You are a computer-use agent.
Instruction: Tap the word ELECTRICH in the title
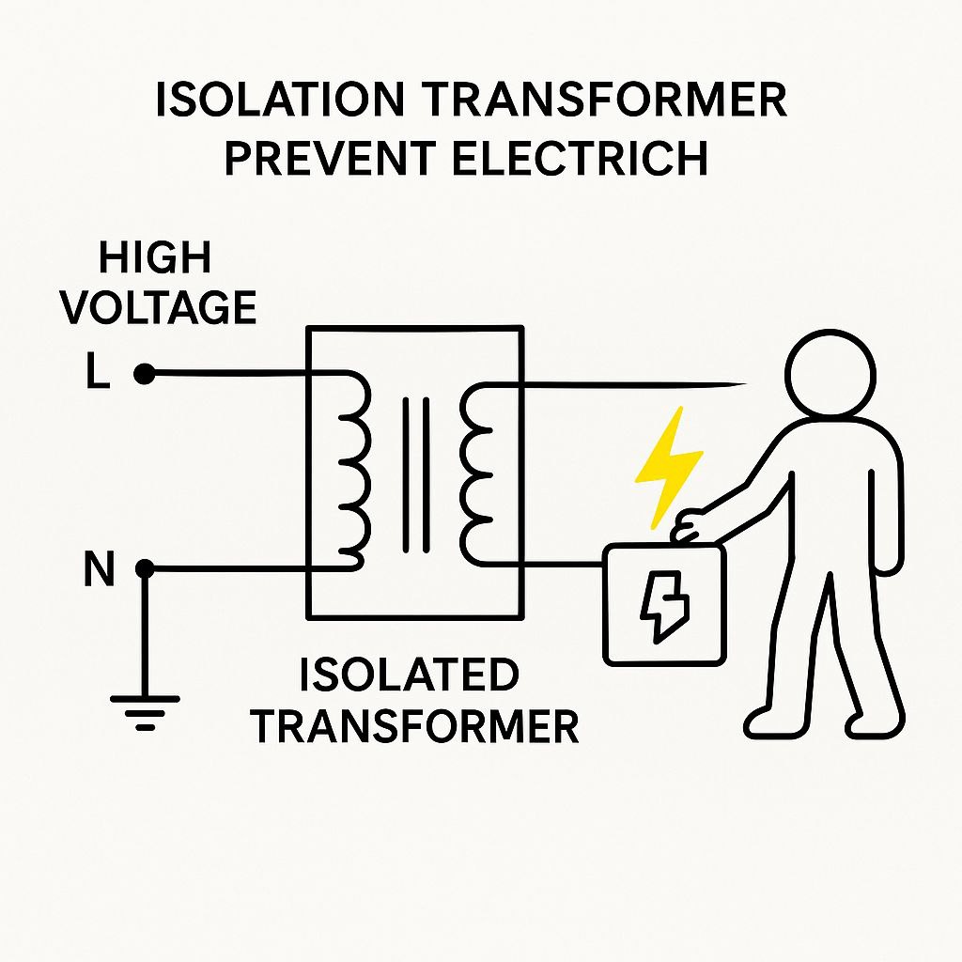[x=581, y=160]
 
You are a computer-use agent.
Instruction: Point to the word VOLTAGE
[x=159, y=307]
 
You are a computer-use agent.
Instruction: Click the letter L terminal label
[x=97, y=375]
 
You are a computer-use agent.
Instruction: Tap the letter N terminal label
[x=99, y=569]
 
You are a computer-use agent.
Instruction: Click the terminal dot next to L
[x=144, y=375]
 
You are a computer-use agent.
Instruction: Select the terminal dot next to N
[x=144, y=569]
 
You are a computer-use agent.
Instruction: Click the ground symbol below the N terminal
[x=145, y=711]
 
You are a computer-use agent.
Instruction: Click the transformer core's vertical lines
[x=415, y=474]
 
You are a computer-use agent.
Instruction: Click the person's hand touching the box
[x=690, y=527]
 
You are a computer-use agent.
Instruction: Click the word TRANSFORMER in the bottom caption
[x=415, y=726]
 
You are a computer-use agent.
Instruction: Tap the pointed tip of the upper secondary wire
[x=742, y=383]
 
